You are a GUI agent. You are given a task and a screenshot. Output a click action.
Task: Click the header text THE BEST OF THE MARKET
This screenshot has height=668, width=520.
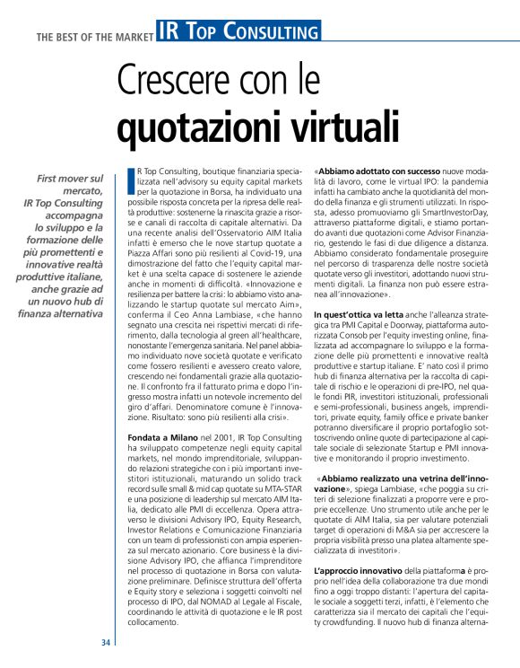pos(94,37)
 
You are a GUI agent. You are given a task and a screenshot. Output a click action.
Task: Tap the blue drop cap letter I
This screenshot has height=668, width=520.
pos(131,180)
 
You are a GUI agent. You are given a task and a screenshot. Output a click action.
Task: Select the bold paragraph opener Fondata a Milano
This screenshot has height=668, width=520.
pos(159,435)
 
